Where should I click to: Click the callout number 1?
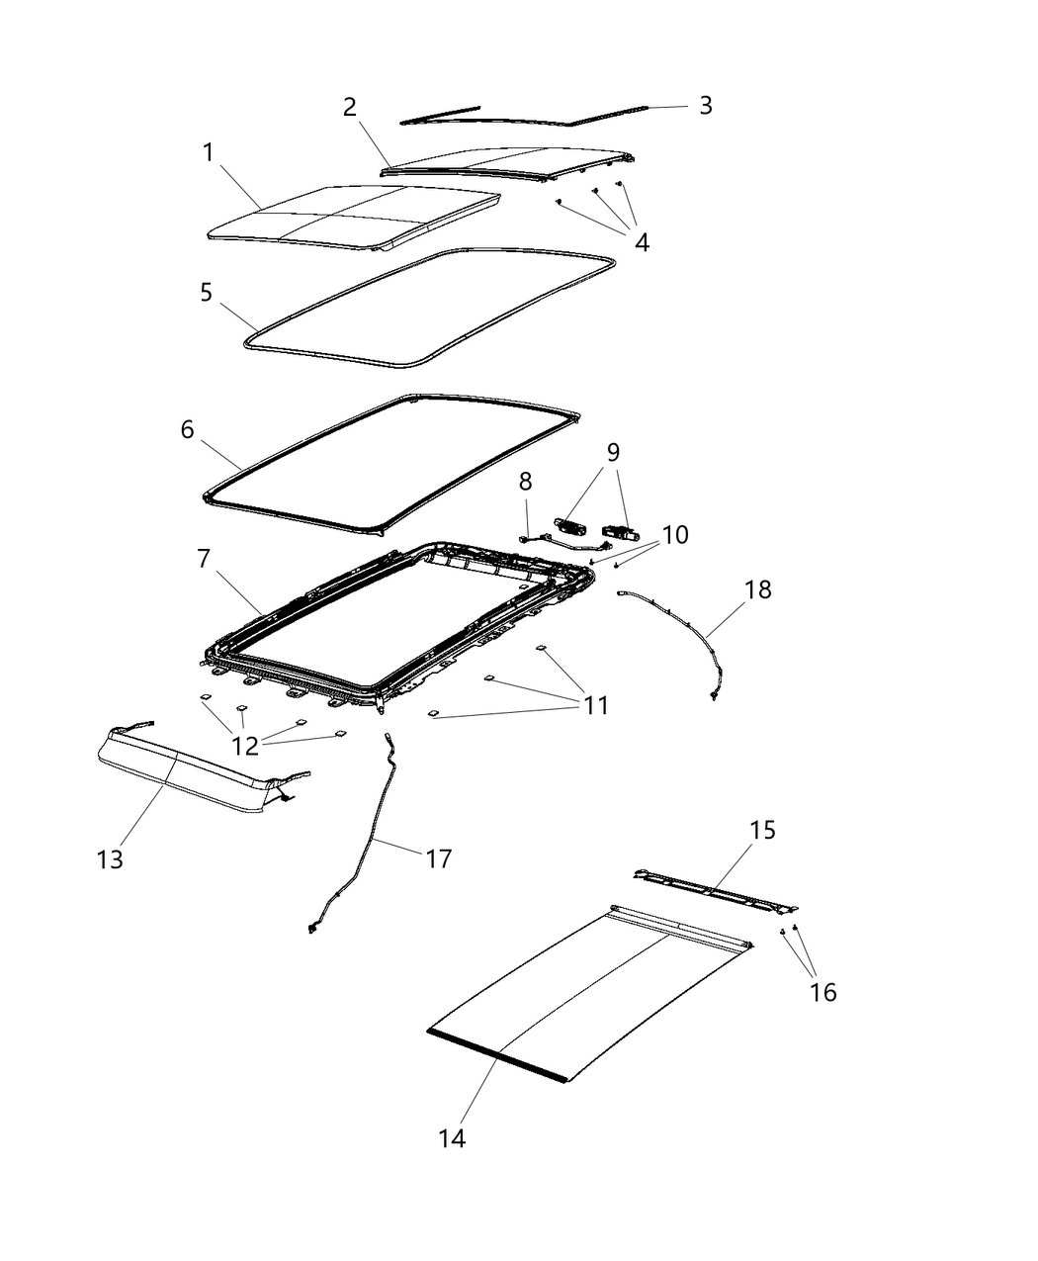tap(208, 153)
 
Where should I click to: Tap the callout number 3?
tap(705, 106)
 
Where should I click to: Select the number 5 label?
tap(206, 293)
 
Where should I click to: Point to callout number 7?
tap(204, 559)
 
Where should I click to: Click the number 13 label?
tap(110, 859)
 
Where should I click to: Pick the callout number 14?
tap(452, 1138)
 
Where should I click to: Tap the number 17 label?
tap(438, 859)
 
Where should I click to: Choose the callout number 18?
tap(758, 590)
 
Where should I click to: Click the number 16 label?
tap(822, 992)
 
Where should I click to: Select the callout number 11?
tap(595, 705)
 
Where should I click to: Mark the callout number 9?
tap(613, 453)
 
